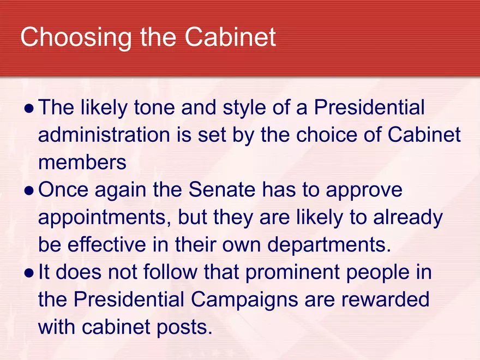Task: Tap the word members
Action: pos(82,162)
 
